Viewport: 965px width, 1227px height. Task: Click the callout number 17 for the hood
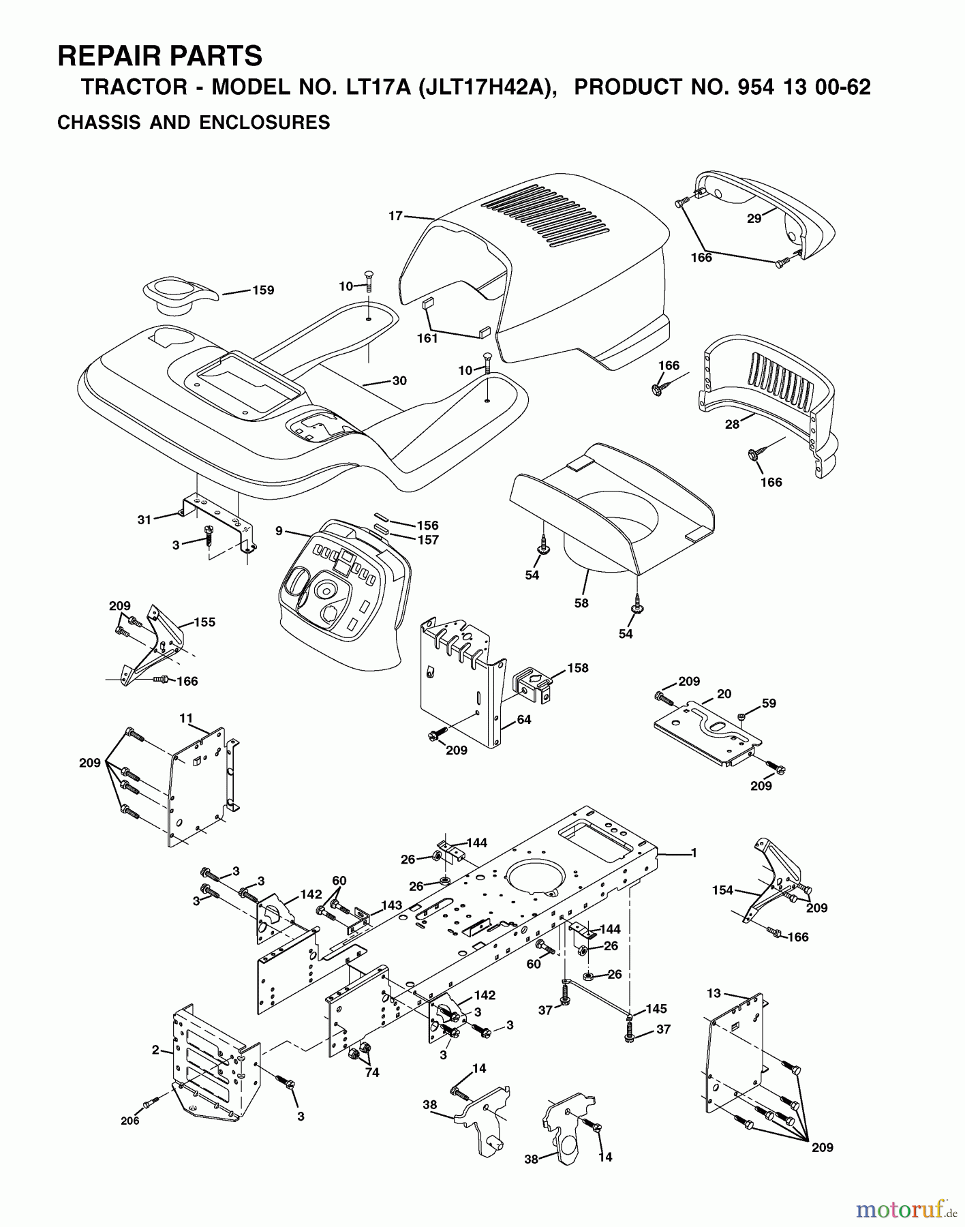(395, 216)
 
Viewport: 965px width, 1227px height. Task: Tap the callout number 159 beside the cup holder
(263, 290)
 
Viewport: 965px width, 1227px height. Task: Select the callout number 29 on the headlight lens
(754, 219)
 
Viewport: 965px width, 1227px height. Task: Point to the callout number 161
(427, 338)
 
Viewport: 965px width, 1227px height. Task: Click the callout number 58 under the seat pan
(581, 603)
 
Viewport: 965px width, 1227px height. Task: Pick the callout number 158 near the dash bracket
(578, 668)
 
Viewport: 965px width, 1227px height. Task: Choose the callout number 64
(523, 720)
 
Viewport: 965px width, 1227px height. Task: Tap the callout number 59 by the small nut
(769, 703)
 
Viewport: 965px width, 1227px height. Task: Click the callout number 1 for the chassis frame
(694, 853)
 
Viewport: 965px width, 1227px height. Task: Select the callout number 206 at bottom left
(129, 1121)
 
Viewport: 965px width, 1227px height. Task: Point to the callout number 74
(371, 1072)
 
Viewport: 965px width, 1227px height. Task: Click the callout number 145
(656, 1009)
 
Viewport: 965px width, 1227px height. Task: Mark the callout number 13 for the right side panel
(714, 993)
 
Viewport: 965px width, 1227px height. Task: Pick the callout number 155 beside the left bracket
(204, 622)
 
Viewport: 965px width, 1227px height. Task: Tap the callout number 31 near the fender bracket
(144, 520)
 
